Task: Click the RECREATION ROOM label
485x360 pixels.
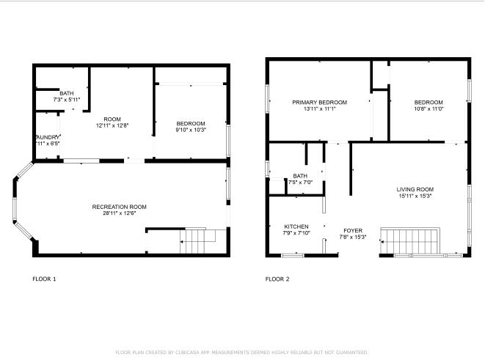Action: (x=120, y=207)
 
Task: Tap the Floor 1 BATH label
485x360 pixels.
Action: (x=67, y=93)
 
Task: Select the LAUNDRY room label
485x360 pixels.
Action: (x=47, y=137)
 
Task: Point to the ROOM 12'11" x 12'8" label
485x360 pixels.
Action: (x=112, y=120)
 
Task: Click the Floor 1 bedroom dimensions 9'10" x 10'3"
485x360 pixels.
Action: (x=190, y=130)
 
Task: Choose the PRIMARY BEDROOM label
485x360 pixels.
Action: (x=319, y=102)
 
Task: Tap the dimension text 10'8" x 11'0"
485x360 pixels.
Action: (x=429, y=109)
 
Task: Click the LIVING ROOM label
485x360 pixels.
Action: (x=415, y=189)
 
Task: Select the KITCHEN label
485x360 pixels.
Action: (x=296, y=227)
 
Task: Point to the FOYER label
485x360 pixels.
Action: (x=352, y=230)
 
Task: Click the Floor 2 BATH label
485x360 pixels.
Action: (x=300, y=176)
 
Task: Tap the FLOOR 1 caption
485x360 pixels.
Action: (x=44, y=279)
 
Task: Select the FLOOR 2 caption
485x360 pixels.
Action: (x=277, y=279)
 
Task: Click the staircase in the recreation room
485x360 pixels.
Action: (x=195, y=239)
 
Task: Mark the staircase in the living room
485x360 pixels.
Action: (x=411, y=239)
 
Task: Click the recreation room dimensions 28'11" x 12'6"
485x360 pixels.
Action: (x=120, y=213)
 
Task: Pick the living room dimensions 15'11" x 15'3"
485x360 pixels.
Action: (x=415, y=196)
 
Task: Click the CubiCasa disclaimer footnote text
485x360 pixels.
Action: (x=242, y=352)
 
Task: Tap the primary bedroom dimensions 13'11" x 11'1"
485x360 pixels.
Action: (x=319, y=109)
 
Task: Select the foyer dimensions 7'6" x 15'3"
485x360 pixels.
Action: (x=352, y=237)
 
